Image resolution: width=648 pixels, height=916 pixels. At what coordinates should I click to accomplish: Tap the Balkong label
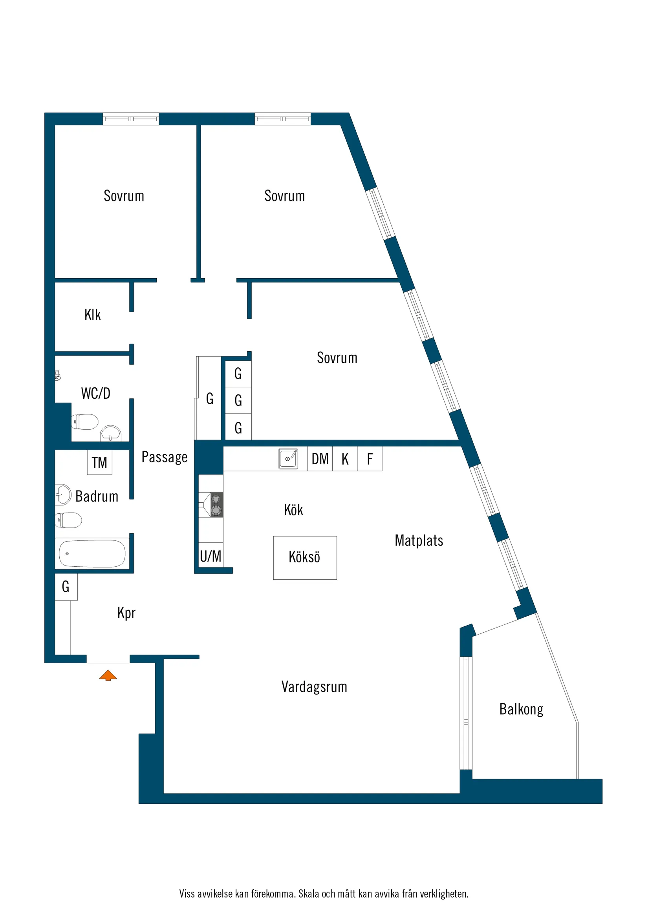point(521,709)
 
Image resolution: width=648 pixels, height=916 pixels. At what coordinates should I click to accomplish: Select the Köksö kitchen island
point(305,557)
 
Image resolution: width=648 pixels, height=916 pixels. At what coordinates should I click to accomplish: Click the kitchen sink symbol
point(288,459)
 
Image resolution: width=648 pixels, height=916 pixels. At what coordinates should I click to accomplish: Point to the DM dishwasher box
point(320,459)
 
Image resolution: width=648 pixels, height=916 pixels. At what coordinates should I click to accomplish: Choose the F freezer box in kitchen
point(370,459)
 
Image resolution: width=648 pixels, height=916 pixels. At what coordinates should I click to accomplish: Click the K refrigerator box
point(345,459)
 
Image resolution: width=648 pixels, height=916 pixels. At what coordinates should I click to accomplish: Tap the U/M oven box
point(211,556)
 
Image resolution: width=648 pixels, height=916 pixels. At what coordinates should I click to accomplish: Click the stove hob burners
point(216,505)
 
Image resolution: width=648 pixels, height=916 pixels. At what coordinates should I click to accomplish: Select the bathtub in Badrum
point(92,553)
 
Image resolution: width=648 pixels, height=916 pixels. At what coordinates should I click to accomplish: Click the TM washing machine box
point(99,462)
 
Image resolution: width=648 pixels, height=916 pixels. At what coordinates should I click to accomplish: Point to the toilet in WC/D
point(85,422)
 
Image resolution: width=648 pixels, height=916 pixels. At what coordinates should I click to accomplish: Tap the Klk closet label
point(92,315)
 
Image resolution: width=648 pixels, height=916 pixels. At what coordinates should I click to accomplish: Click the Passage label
point(165,457)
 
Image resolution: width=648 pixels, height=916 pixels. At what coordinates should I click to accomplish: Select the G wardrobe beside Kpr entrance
point(66,586)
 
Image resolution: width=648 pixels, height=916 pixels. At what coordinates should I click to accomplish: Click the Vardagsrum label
point(314,686)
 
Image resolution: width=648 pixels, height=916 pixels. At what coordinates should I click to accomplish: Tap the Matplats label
point(419,540)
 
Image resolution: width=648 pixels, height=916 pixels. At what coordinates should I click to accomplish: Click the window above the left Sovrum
point(130,119)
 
